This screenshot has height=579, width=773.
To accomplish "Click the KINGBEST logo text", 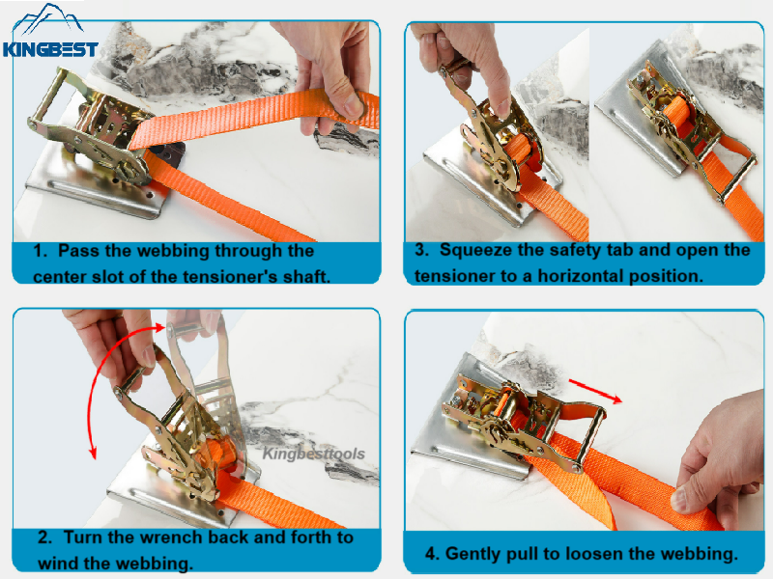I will point(50,48).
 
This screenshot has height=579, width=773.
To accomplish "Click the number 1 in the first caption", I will point(40,251).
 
